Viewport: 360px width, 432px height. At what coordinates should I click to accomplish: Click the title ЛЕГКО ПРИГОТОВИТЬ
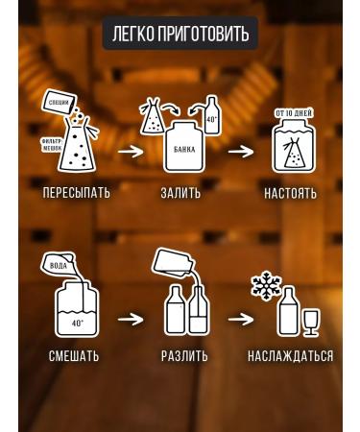point(180,35)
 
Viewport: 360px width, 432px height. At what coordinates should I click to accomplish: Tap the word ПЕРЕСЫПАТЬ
point(77,193)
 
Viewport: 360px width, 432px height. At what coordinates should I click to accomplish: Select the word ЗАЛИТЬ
point(180,193)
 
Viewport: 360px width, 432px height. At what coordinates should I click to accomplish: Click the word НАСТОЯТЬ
point(290,193)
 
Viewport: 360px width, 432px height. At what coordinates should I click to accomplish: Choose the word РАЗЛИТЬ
point(185,356)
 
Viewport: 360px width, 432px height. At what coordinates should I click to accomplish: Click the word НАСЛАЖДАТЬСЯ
point(290,356)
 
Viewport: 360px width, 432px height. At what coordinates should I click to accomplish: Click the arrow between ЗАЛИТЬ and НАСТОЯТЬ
point(240,150)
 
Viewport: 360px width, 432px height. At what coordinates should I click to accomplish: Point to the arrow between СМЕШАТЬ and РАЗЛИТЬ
point(131,317)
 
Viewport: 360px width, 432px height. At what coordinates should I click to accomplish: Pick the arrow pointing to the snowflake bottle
point(241,317)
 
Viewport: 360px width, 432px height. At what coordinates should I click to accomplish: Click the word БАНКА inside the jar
point(184,150)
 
